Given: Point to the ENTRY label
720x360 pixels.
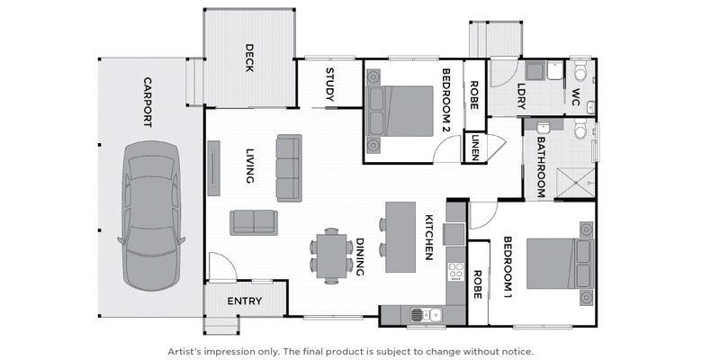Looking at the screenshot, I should click(244, 301).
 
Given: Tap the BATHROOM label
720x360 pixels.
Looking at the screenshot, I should click(542, 167).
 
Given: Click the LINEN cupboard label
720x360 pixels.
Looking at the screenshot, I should click(474, 148).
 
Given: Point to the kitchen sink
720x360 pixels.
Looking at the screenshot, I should click(423, 314).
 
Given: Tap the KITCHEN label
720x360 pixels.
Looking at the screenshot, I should click(430, 238).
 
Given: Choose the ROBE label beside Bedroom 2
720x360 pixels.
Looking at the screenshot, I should click(474, 95).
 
